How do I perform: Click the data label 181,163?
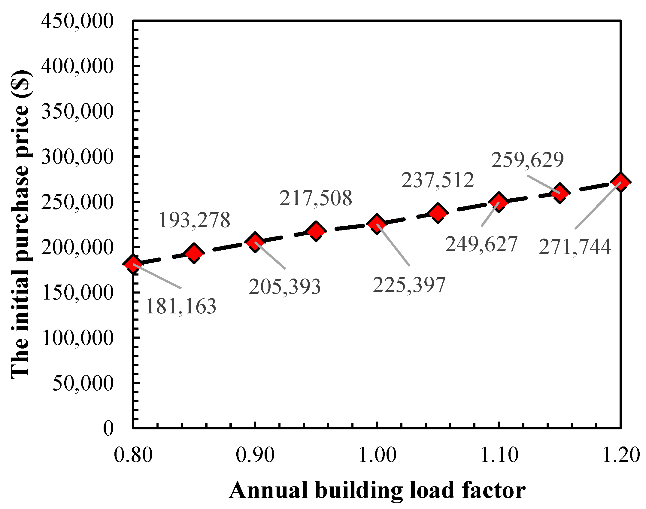pos(181,306)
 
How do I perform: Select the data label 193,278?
pos(194,220)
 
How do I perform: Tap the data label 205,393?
pos(285,287)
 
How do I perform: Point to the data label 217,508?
pos(316,198)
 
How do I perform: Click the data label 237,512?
pos(438,180)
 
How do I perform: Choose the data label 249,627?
pos(481,244)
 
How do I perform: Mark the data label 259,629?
pos(527,160)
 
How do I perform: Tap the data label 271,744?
pos(575,247)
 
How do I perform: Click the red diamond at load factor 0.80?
pos(133,264)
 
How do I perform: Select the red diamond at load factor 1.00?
pos(377,224)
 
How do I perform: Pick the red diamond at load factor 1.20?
pos(620,182)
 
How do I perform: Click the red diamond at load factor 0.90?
pos(255,242)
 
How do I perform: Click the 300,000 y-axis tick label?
pos(77,157)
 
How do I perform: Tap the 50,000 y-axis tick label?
pos(83,383)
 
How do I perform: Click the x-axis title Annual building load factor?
pos(377,490)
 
